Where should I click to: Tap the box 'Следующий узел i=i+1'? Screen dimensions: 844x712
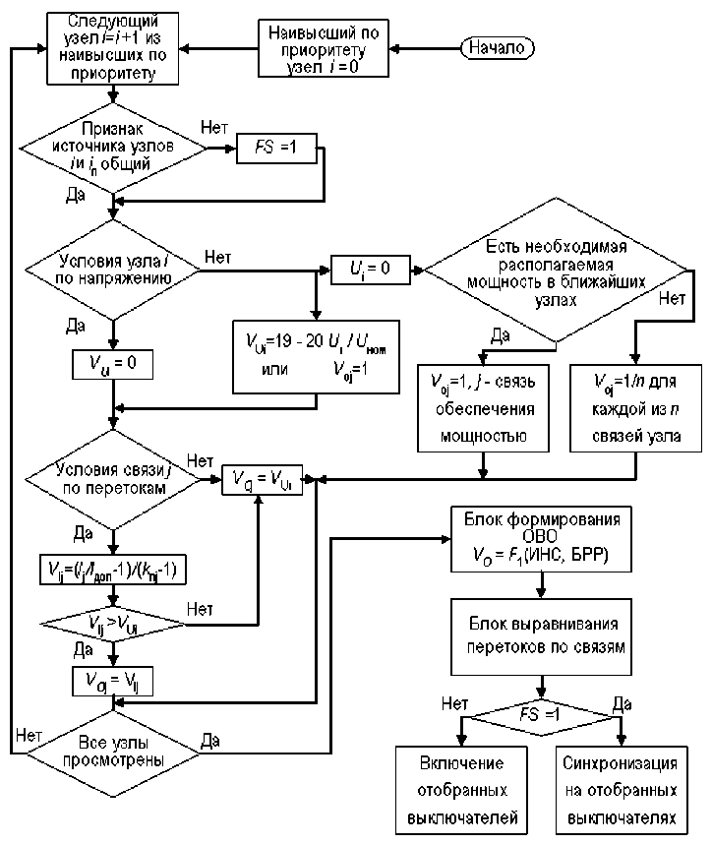tap(115, 46)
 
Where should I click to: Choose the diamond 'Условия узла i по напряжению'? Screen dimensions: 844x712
tap(115, 266)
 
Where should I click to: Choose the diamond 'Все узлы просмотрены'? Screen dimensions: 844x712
tap(115, 753)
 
